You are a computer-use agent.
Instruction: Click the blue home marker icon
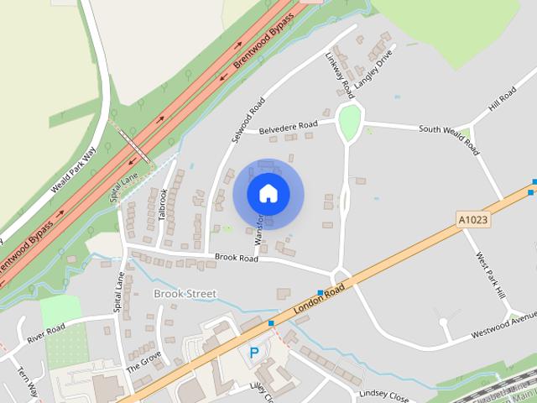coord(268,193)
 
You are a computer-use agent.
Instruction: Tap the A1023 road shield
coord(473,219)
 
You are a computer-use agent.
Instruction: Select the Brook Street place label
coord(185,294)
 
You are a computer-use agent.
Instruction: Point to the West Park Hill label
coord(490,275)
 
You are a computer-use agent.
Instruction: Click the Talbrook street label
coord(164,204)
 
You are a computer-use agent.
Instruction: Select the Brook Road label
coord(236,259)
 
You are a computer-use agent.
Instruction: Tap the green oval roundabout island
coord(350,123)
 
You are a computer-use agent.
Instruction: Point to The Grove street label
coord(143,360)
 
